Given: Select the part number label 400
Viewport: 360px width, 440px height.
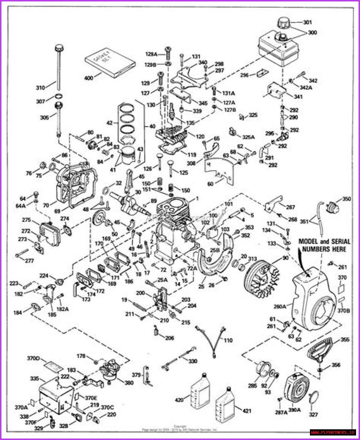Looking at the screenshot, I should (x=89, y=78).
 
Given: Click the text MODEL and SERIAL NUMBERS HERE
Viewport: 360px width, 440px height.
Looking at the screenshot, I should (x=324, y=245).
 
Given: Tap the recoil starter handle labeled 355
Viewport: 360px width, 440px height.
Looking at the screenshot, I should (x=319, y=350).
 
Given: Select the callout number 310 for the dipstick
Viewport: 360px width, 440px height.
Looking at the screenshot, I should (x=40, y=88).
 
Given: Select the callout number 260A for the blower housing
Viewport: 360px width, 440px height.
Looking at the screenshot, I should (x=280, y=306).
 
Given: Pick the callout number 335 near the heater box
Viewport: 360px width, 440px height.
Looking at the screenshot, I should (x=34, y=379).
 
